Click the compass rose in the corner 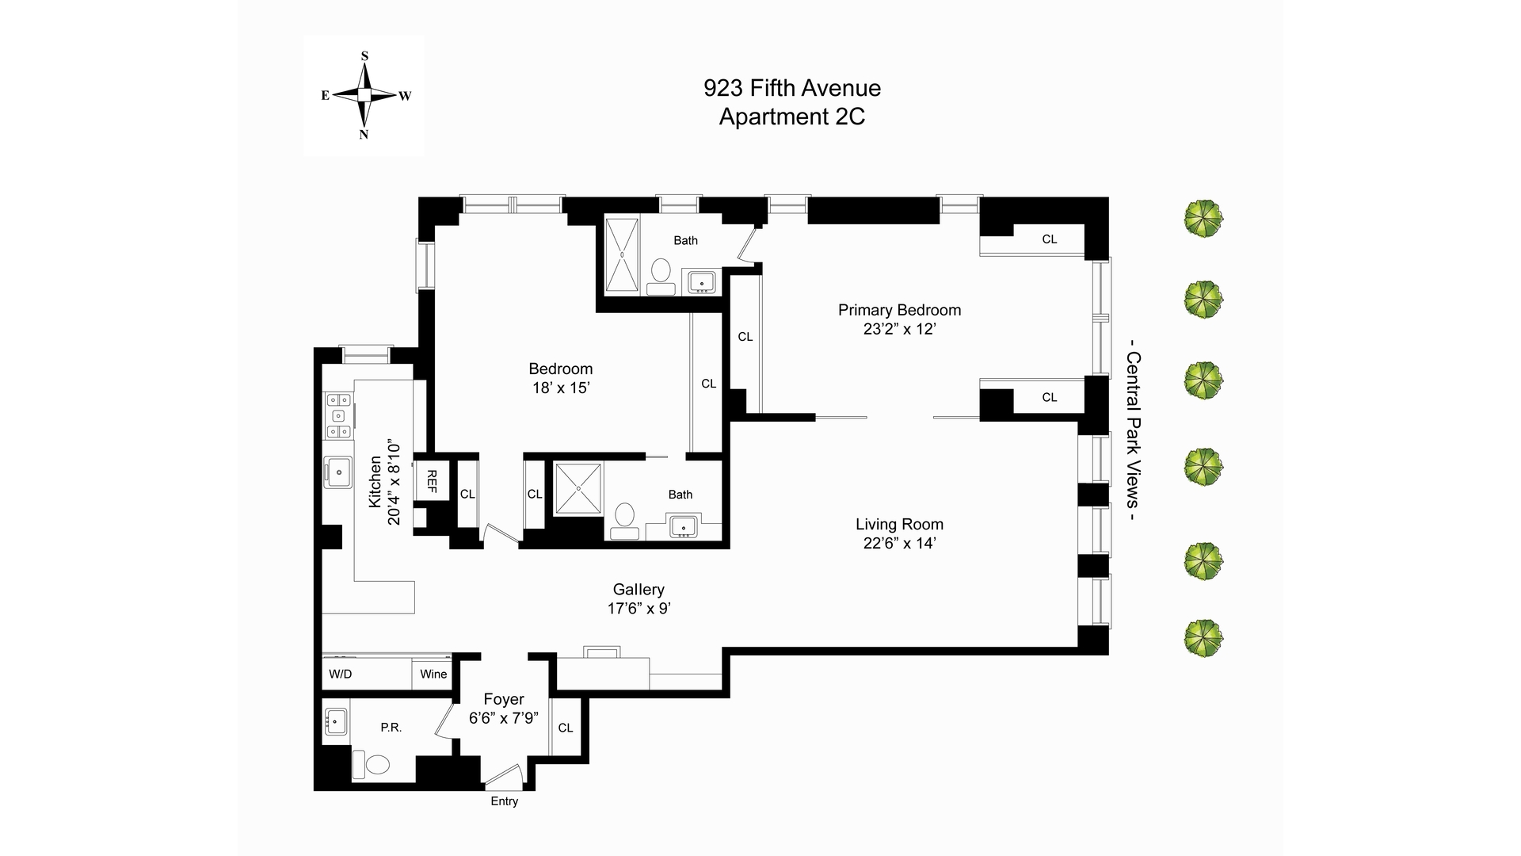(x=364, y=95)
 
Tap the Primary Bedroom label (x=899, y=310)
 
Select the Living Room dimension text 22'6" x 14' (x=900, y=544)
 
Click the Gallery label (x=639, y=590)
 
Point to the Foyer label (x=504, y=699)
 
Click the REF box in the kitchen (x=432, y=480)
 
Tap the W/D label (x=341, y=674)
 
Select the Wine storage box (x=433, y=674)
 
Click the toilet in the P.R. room (x=372, y=766)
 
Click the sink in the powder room (x=336, y=722)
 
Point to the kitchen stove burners (x=338, y=416)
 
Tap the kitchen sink (x=338, y=472)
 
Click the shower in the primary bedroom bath (x=622, y=255)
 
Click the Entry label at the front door (x=504, y=801)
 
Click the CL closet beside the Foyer (x=566, y=728)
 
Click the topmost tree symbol (x=1203, y=219)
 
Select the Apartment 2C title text (x=791, y=117)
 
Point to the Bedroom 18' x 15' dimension (x=561, y=388)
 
